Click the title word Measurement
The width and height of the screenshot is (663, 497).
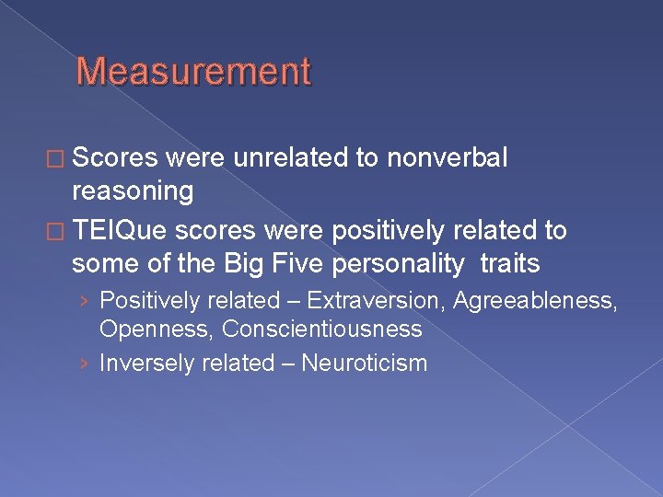[x=193, y=71]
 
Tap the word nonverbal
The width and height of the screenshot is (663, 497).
[x=447, y=158]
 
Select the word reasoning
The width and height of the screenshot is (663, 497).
[x=133, y=191]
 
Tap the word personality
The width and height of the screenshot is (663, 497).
[x=383, y=263]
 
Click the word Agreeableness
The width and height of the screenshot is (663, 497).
[x=534, y=300]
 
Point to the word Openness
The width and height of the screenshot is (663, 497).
[x=156, y=329]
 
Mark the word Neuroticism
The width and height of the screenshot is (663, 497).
[x=365, y=363]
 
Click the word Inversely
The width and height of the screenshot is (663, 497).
[x=143, y=363]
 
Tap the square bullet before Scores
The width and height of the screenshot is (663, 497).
[x=58, y=159]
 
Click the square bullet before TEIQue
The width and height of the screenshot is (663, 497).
[x=58, y=231]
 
